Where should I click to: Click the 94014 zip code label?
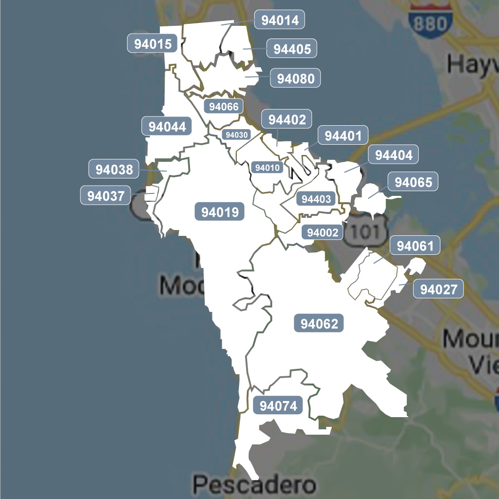(280, 20)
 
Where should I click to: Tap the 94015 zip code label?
(153, 44)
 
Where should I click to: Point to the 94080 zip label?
(295, 78)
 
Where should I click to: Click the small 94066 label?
(224, 106)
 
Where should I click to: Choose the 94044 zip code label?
(167, 127)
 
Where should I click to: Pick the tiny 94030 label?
(236, 134)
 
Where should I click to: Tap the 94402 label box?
(287, 120)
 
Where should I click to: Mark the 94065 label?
(413, 182)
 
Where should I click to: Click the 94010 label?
(268, 168)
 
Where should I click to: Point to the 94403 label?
(316, 199)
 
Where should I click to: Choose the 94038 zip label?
(114, 170)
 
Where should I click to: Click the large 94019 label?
(220, 212)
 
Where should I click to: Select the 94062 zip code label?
(319, 324)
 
